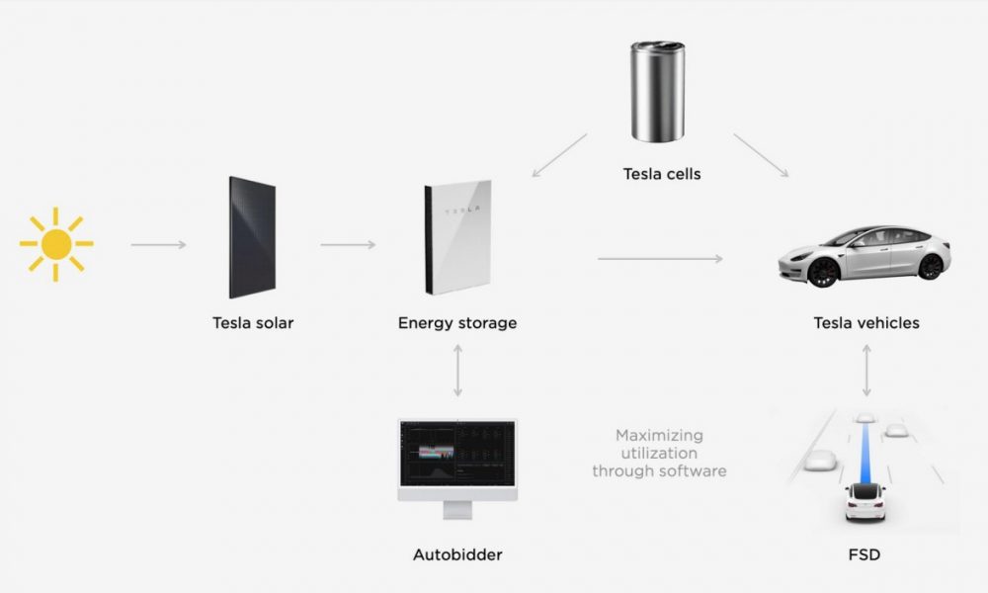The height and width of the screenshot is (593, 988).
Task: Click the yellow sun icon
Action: [x=56, y=244]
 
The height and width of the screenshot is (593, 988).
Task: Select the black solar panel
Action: [x=252, y=237]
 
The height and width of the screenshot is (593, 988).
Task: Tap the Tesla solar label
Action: [x=253, y=322]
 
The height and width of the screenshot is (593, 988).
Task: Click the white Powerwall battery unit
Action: [x=458, y=237]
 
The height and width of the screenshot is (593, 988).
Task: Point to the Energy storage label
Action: [x=457, y=323]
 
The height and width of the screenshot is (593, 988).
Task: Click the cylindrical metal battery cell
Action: [x=657, y=91]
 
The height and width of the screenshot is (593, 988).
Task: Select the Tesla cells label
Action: [x=662, y=174]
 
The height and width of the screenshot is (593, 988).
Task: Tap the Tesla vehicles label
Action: [x=866, y=323]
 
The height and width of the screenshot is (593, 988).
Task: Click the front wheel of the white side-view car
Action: [x=822, y=272]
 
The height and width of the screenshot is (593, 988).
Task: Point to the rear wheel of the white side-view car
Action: [x=930, y=267]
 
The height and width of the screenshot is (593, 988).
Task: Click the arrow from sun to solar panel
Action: [x=159, y=244]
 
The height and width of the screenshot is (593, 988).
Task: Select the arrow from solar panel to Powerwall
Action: [x=348, y=244]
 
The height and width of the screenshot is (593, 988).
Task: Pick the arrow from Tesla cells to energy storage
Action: [x=559, y=155]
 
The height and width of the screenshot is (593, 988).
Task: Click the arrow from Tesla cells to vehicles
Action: [x=761, y=155]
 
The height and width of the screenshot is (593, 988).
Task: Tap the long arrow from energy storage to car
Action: [x=660, y=258]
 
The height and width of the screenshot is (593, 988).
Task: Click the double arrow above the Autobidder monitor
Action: [x=458, y=371]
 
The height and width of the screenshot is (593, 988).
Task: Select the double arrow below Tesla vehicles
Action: [x=867, y=371]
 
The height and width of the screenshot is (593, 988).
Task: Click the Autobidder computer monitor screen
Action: [x=457, y=454]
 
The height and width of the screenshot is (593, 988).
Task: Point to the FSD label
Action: [x=864, y=555]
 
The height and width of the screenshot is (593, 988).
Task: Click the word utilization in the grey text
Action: [x=659, y=453]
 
